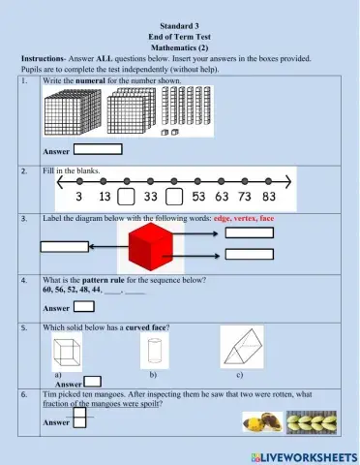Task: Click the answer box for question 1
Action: coord(98,149)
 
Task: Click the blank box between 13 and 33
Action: coord(126,197)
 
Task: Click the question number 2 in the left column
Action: coord(23,170)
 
